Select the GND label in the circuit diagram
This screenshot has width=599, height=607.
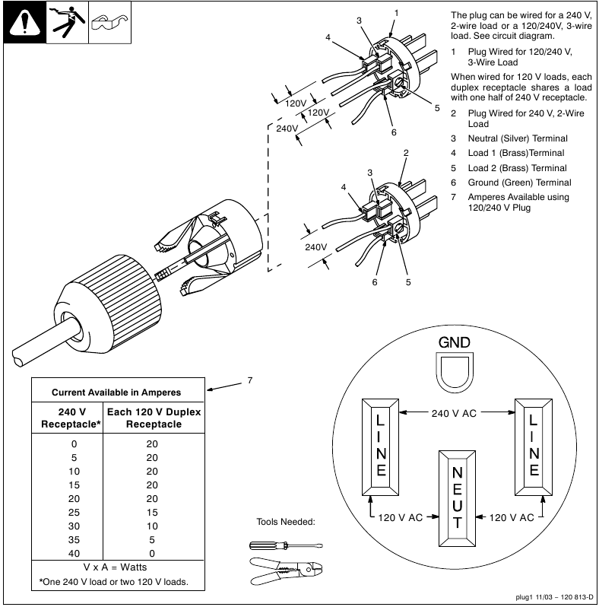point(454,343)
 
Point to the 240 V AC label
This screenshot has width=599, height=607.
point(454,413)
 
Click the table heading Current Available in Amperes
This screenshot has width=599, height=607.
point(116,392)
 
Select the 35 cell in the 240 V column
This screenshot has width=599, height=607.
point(74,539)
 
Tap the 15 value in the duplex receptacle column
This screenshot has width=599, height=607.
point(152,512)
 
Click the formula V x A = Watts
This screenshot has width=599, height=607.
point(116,567)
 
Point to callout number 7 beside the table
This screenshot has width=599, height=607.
point(249,381)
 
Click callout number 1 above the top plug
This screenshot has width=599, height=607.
point(396,14)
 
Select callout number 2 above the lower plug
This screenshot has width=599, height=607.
point(406,154)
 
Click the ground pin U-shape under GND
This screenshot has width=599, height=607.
point(454,373)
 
